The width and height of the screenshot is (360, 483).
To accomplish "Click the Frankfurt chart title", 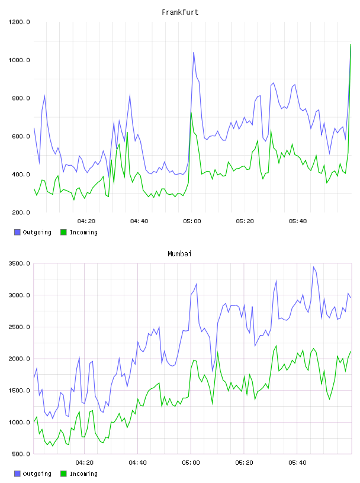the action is coord(180,12).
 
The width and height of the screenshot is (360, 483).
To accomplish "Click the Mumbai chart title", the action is coord(179,254).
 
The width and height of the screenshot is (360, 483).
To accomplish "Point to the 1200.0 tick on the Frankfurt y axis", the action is coord(19,22).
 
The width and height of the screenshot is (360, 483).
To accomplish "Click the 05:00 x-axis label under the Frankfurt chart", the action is coord(192,221).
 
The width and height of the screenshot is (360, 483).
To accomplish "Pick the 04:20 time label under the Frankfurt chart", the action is coord(86,221).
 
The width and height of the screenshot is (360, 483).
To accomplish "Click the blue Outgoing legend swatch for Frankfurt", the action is coord(17,232).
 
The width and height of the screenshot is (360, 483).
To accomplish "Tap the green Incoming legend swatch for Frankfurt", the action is coord(63,232).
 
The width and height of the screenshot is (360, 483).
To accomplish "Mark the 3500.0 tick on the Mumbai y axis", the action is coord(19,263).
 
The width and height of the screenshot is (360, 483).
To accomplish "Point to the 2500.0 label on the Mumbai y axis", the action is coord(19,327).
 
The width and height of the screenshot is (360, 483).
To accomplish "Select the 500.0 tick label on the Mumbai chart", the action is coord(21,454).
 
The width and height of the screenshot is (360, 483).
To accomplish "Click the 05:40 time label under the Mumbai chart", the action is coord(297,463).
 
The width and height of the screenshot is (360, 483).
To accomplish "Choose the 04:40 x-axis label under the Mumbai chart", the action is coord(138,463).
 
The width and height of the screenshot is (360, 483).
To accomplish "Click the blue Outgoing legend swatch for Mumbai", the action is coord(17,474).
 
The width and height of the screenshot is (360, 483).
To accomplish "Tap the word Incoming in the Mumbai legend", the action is coord(83,474).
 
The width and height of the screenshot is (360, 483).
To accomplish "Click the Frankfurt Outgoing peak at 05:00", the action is coord(194,52).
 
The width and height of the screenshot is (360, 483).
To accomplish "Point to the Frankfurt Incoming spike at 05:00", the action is coord(191,112).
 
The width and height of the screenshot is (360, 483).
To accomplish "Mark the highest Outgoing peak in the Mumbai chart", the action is coord(313,267).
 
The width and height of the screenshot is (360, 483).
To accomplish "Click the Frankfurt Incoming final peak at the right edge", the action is coord(351,44).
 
